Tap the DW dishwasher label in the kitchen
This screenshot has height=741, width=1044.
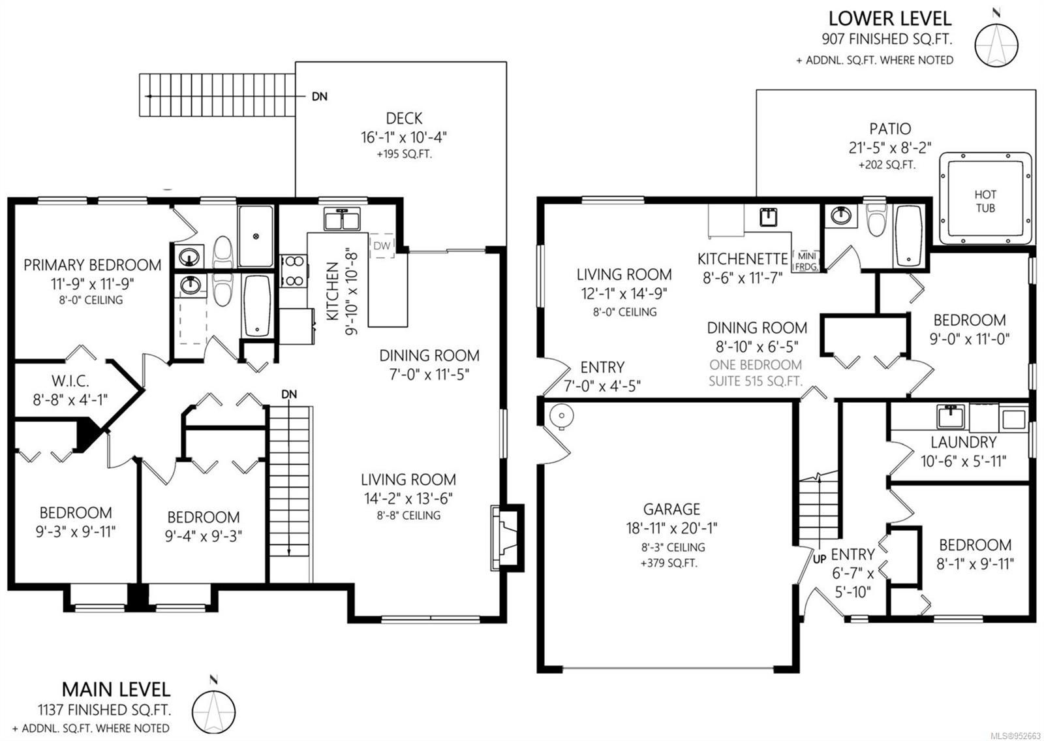point(382,245)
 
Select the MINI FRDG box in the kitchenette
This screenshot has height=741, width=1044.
point(806,262)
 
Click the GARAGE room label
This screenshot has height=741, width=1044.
point(671,509)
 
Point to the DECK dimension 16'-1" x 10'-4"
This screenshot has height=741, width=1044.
point(404,138)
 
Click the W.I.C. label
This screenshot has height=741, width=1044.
point(70,381)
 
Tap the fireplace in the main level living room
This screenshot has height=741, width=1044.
point(506,538)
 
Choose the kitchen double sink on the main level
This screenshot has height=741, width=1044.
point(342,219)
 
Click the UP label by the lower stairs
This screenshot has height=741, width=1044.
point(820,559)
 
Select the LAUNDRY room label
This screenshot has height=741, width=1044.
point(963,441)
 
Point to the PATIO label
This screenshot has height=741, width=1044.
point(890,128)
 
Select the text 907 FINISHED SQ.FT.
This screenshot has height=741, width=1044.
point(887,39)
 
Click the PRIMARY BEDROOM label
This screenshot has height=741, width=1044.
point(92,265)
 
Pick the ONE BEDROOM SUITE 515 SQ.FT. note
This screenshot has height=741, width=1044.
point(756,373)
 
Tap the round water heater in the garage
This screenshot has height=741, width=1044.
point(561,415)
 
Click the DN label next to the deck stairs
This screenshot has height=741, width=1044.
point(320,97)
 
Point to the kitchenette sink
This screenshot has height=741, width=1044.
point(768,217)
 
